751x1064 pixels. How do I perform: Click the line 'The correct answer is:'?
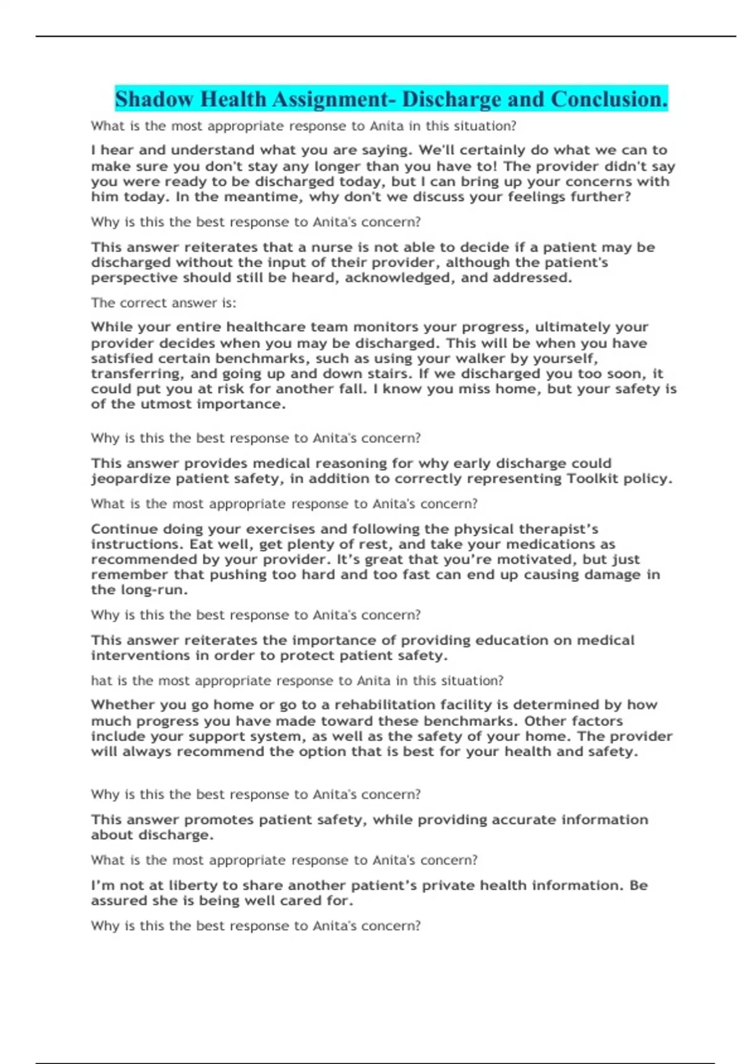tap(163, 303)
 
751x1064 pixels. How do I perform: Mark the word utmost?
tap(166, 404)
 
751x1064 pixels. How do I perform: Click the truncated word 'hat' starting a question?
tap(101, 680)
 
